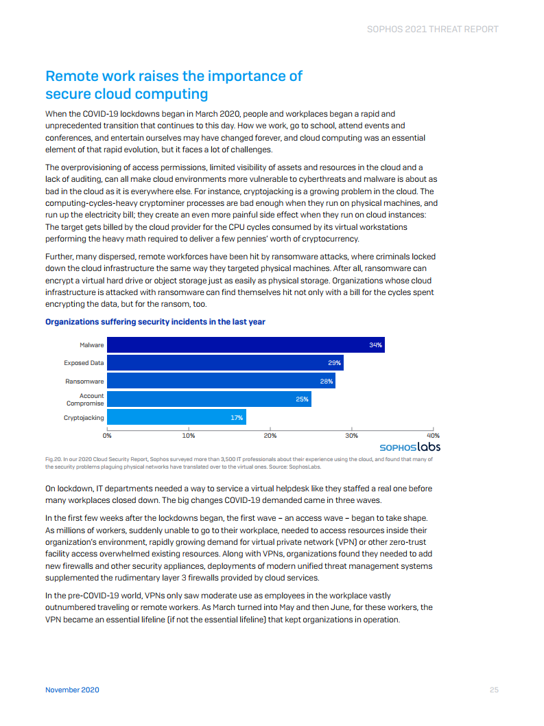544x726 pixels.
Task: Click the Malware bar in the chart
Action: pos(246,345)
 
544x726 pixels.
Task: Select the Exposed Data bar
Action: pos(225,363)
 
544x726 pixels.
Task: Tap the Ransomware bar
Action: pos(221,381)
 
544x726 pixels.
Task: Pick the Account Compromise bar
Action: pos(209,399)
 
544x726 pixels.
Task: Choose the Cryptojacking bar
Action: pos(176,417)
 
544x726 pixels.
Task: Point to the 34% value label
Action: pos(375,345)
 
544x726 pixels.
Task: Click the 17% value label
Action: pos(237,417)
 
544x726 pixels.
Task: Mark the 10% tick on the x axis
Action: pos(189,436)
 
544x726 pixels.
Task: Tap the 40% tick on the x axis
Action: pos(433,436)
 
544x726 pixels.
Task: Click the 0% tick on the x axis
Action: pos(108,436)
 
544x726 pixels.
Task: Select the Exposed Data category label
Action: pos(84,363)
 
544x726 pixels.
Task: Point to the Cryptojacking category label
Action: pos(84,417)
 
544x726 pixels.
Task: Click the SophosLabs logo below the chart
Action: pos(410,447)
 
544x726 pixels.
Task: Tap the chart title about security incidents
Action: pos(155,322)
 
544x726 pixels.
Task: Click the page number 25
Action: pos(493,690)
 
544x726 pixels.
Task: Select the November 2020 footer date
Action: pos(72,690)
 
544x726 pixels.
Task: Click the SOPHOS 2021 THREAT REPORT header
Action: pos(433,30)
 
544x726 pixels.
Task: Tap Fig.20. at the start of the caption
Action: pos(54,459)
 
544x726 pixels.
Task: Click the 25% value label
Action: pos(302,399)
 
